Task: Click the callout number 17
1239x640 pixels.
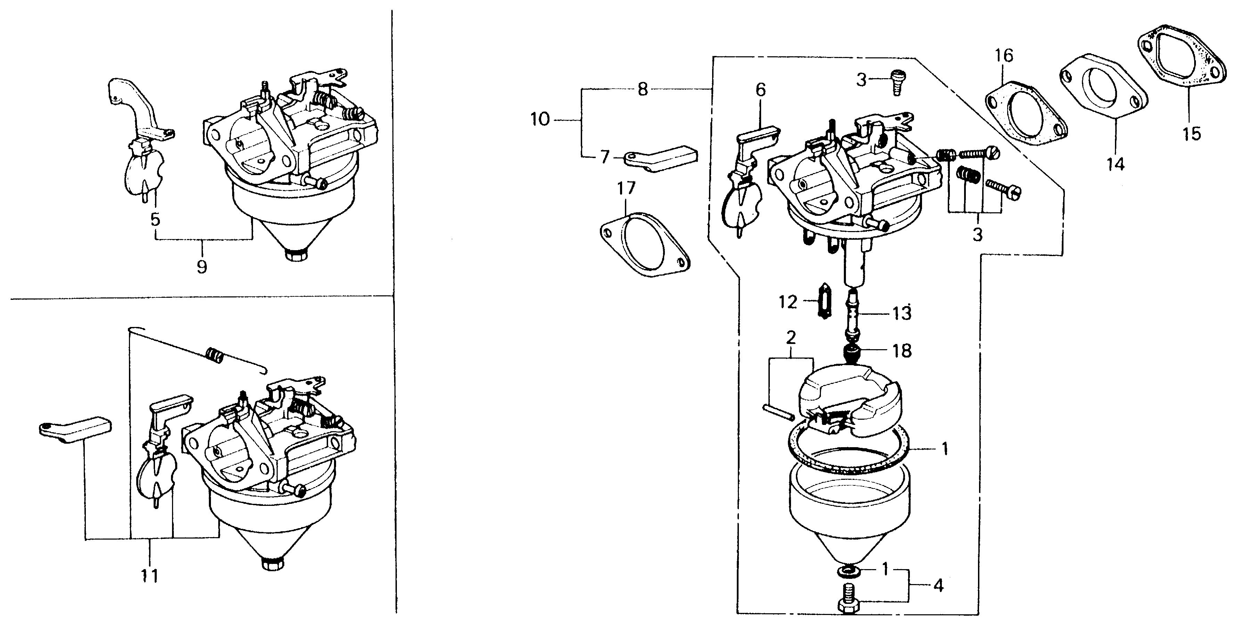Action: (626, 188)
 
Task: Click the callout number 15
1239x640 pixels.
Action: (1192, 133)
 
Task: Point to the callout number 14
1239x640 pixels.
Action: (1115, 164)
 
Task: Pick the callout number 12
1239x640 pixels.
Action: (788, 302)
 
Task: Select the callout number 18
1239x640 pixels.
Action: (902, 351)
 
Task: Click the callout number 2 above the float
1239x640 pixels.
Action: (791, 338)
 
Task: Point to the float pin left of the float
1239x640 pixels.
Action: (778, 413)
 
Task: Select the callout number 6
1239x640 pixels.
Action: (760, 90)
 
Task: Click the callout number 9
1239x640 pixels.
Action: (202, 266)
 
